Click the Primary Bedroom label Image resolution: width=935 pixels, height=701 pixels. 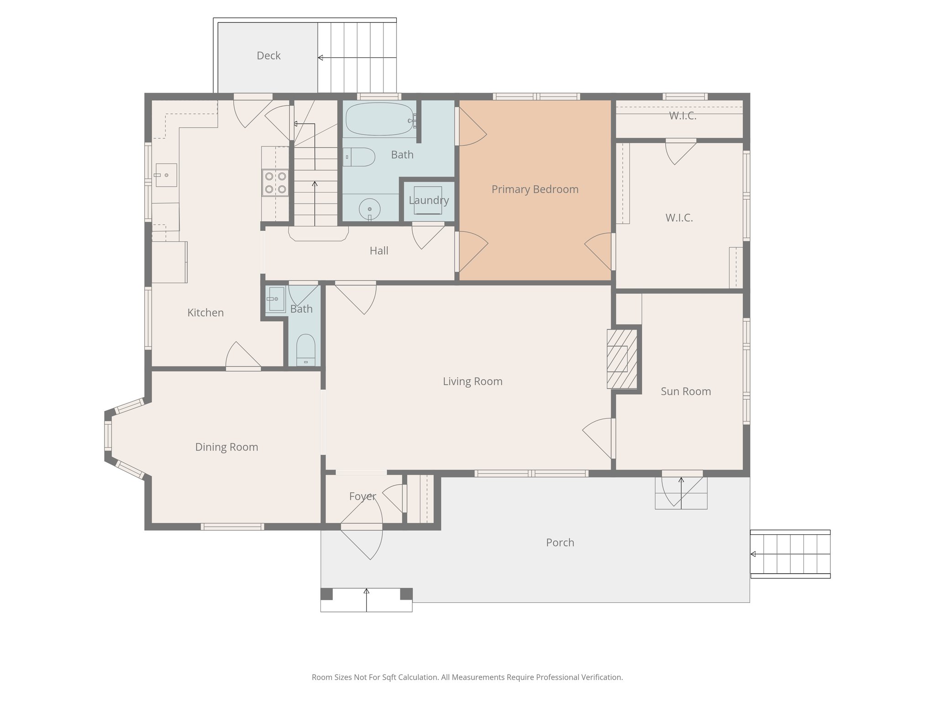(x=535, y=189)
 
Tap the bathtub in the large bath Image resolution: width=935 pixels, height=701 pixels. (x=380, y=119)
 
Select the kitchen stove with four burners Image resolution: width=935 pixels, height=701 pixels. (x=275, y=183)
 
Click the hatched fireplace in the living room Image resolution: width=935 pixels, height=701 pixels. (x=622, y=359)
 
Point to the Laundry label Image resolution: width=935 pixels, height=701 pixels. (x=429, y=200)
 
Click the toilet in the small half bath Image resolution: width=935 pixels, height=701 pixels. (x=305, y=350)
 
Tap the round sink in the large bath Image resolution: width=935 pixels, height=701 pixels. (x=370, y=210)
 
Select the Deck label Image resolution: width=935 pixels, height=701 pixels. (x=268, y=56)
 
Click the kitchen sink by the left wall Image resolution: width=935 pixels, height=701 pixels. (x=166, y=175)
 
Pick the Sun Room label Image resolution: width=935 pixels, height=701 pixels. (x=686, y=392)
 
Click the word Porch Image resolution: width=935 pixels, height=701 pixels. (x=560, y=543)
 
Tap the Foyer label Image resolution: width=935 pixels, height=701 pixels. (x=362, y=497)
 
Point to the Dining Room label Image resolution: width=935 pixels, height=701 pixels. (x=226, y=447)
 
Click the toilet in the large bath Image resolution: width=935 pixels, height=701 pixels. (x=359, y=157)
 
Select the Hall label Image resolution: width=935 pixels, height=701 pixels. (x=379, y=251)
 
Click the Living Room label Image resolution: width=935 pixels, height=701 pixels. (x=473, y=382)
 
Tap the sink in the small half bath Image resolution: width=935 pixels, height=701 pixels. (x=276, y=299)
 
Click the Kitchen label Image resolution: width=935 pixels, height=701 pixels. (x=205, y=313)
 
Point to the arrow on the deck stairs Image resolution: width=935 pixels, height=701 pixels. (x=357, y=58)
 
